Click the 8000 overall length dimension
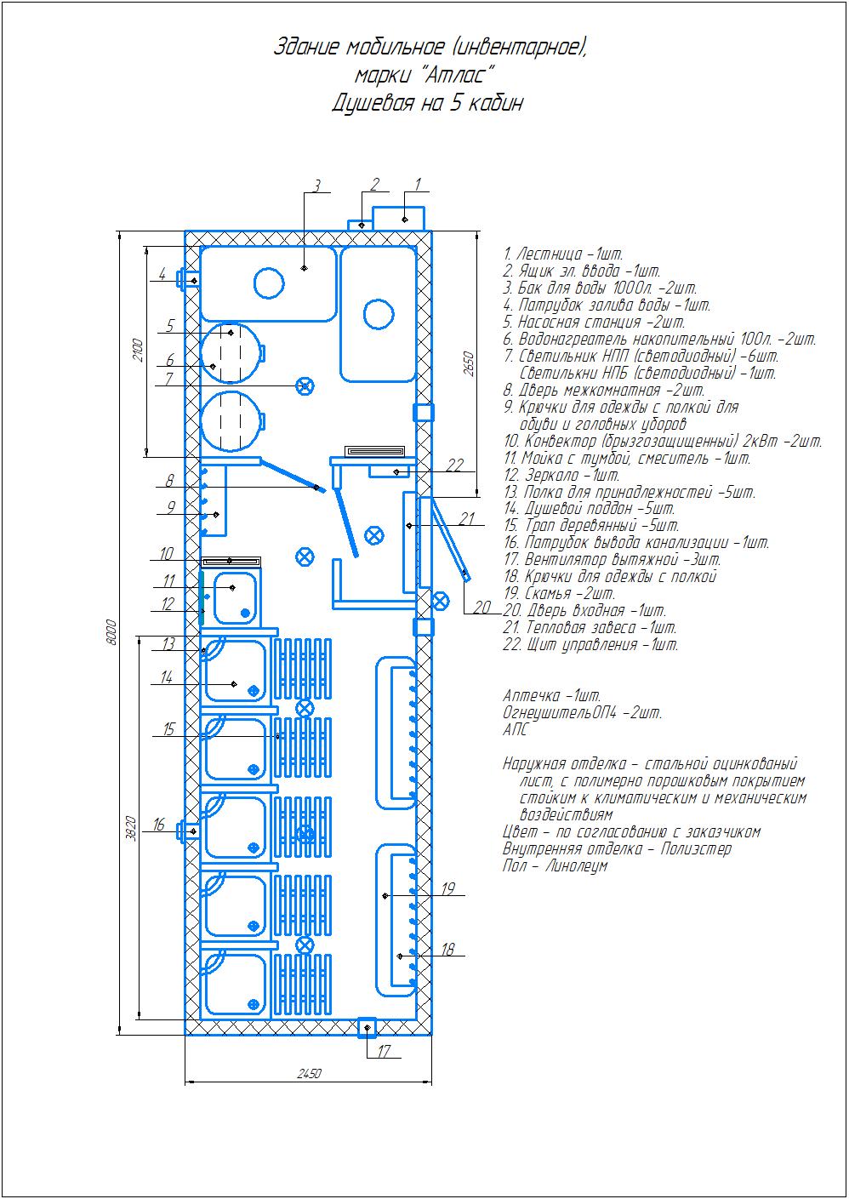111,632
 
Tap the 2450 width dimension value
309,1073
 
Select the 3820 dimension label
131,828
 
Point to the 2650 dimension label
469,363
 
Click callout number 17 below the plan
385,1051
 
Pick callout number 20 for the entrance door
482,607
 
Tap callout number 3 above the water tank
316,186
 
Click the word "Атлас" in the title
454,74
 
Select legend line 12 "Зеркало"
561,475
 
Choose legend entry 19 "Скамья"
559,593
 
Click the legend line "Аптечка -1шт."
552,695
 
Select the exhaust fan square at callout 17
367,1027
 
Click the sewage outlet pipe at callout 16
188,831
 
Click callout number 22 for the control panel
454,465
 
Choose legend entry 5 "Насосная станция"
595,322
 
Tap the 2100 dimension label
139,350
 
